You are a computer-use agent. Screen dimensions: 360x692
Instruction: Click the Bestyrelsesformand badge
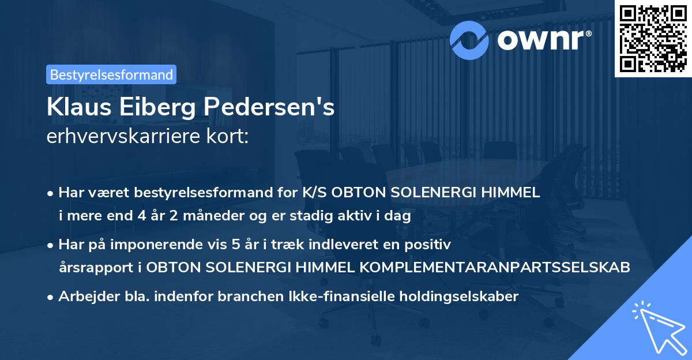(111, 74)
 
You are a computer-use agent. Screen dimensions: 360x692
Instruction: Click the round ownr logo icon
(469, 40)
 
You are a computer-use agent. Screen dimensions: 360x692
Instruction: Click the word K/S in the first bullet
(317, 193)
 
